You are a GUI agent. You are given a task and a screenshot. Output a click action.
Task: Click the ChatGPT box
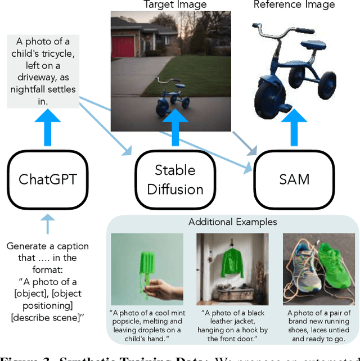tap(47, 179)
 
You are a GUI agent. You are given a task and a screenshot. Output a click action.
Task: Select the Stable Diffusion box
tap(175, 179)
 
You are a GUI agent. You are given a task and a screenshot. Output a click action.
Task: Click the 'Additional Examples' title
tap(232, 222)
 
